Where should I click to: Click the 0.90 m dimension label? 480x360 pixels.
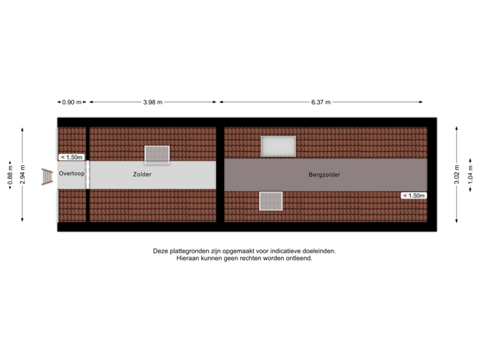click(x=71, y=102)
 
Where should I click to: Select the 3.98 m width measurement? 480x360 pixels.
click(x=153, y=102)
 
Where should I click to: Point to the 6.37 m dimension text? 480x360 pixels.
click(x=321, y=102)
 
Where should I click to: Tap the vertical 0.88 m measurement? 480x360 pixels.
click(x=9, y=175)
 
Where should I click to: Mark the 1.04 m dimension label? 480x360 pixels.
click(x=471, y=175)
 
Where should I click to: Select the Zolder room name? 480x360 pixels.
click(x=142, y=174)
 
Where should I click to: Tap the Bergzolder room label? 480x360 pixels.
click(x=324, y=175)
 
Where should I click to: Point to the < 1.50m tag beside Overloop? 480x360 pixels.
click(x=71, y=157)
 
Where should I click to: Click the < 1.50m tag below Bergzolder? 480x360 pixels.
click(x=413, y=195)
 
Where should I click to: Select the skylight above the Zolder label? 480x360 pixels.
click(x=158, y=154)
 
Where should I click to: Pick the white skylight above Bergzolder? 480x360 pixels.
click(x=278, y=145)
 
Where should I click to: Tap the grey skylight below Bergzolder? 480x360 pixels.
click(x=271, y=200)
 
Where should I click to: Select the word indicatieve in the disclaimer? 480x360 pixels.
click(x=287, y=251)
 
